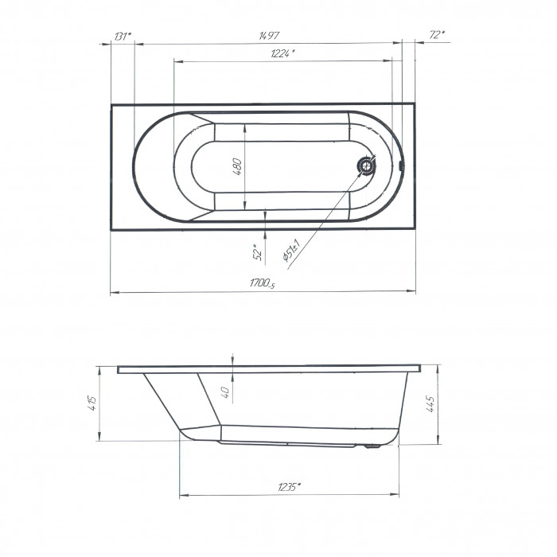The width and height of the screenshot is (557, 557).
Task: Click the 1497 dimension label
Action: click(269, 36)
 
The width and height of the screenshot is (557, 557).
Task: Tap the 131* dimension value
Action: click(123, 36)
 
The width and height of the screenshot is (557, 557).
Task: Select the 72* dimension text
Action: click(437, 35)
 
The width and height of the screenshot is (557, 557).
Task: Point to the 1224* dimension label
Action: click(282, 53)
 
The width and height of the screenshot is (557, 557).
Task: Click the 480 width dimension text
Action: click(237, 166)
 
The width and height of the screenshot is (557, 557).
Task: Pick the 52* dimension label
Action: click(259, 252)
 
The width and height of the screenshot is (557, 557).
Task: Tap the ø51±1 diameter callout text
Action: click(292, 251)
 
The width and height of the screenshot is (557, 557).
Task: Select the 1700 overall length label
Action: click(262, 283)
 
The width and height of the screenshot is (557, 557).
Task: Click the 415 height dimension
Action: click(92, 403)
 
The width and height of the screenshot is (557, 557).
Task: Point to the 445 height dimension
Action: click(430, 404)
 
